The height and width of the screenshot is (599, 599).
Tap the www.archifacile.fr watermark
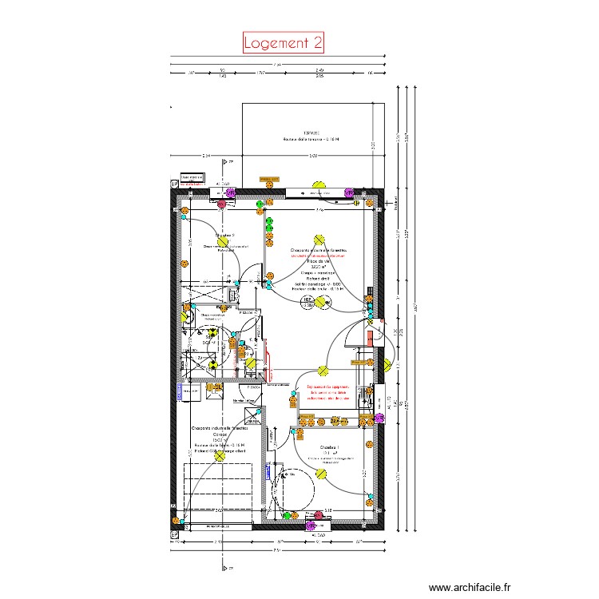469,585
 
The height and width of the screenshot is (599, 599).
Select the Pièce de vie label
319,261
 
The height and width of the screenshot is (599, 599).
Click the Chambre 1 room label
330,446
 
